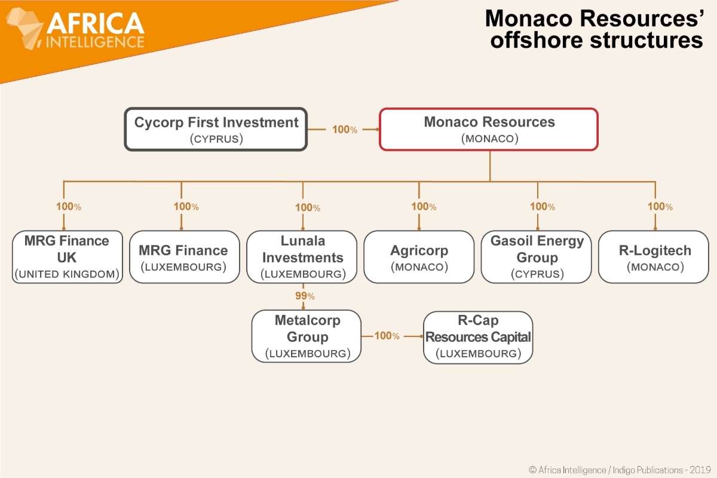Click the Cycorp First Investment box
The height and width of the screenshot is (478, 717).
coord(216,129)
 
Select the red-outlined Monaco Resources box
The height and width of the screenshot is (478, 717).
coord(489,129)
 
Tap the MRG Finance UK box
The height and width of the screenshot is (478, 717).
coord(67,257)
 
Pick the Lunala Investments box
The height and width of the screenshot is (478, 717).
coord(302,257)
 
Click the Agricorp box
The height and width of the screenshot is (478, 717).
coord(419,257)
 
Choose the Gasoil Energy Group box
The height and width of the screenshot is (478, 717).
coord(537,257)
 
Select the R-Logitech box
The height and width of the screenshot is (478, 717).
coord(654,257)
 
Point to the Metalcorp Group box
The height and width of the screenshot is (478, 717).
coord(307,336)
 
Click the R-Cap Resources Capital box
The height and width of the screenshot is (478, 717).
coord(477,337)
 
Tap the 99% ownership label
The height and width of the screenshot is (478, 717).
coord(305,296)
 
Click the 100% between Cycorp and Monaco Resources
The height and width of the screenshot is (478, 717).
coord(344,129)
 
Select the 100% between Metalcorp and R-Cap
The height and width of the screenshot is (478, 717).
coord(387,336)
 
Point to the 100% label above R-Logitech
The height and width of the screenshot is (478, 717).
coord(660,207)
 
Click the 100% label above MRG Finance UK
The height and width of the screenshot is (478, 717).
coord(68,207)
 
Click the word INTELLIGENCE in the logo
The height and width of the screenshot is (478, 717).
coord(96,42)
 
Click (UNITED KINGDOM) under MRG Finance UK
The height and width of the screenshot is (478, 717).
coord(67,275)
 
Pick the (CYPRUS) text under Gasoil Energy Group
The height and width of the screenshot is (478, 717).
coord(537,274)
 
